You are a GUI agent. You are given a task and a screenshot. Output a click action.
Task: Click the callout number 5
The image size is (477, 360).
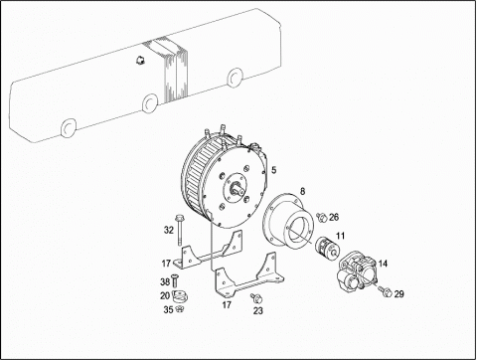273,170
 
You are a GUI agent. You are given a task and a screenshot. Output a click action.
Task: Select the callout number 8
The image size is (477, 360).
302,191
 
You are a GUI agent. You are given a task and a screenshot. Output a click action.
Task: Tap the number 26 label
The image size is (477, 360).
334,217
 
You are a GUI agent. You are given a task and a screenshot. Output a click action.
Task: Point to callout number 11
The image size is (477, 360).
341,236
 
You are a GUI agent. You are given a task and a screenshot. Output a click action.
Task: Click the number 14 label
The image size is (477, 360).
383,264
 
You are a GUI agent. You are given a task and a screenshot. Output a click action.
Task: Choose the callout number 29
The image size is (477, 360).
398,293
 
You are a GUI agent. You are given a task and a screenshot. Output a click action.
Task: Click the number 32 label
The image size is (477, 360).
169,230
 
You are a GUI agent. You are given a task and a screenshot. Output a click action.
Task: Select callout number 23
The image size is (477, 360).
258,310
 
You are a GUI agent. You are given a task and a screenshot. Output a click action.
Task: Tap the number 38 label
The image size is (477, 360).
165,282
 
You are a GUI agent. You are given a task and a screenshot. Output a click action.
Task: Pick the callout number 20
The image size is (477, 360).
165,295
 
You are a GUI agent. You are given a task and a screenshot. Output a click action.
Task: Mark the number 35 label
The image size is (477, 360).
168,309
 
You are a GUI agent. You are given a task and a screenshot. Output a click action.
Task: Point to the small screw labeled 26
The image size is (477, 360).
322,218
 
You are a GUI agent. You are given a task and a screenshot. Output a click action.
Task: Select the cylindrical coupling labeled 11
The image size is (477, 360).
327,248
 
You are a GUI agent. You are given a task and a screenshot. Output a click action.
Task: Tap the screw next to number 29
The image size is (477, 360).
386,291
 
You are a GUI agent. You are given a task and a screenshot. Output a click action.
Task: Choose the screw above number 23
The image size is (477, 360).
256,297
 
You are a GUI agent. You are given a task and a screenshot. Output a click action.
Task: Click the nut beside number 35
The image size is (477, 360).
180,309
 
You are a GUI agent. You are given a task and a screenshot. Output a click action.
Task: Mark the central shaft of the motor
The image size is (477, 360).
238,189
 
